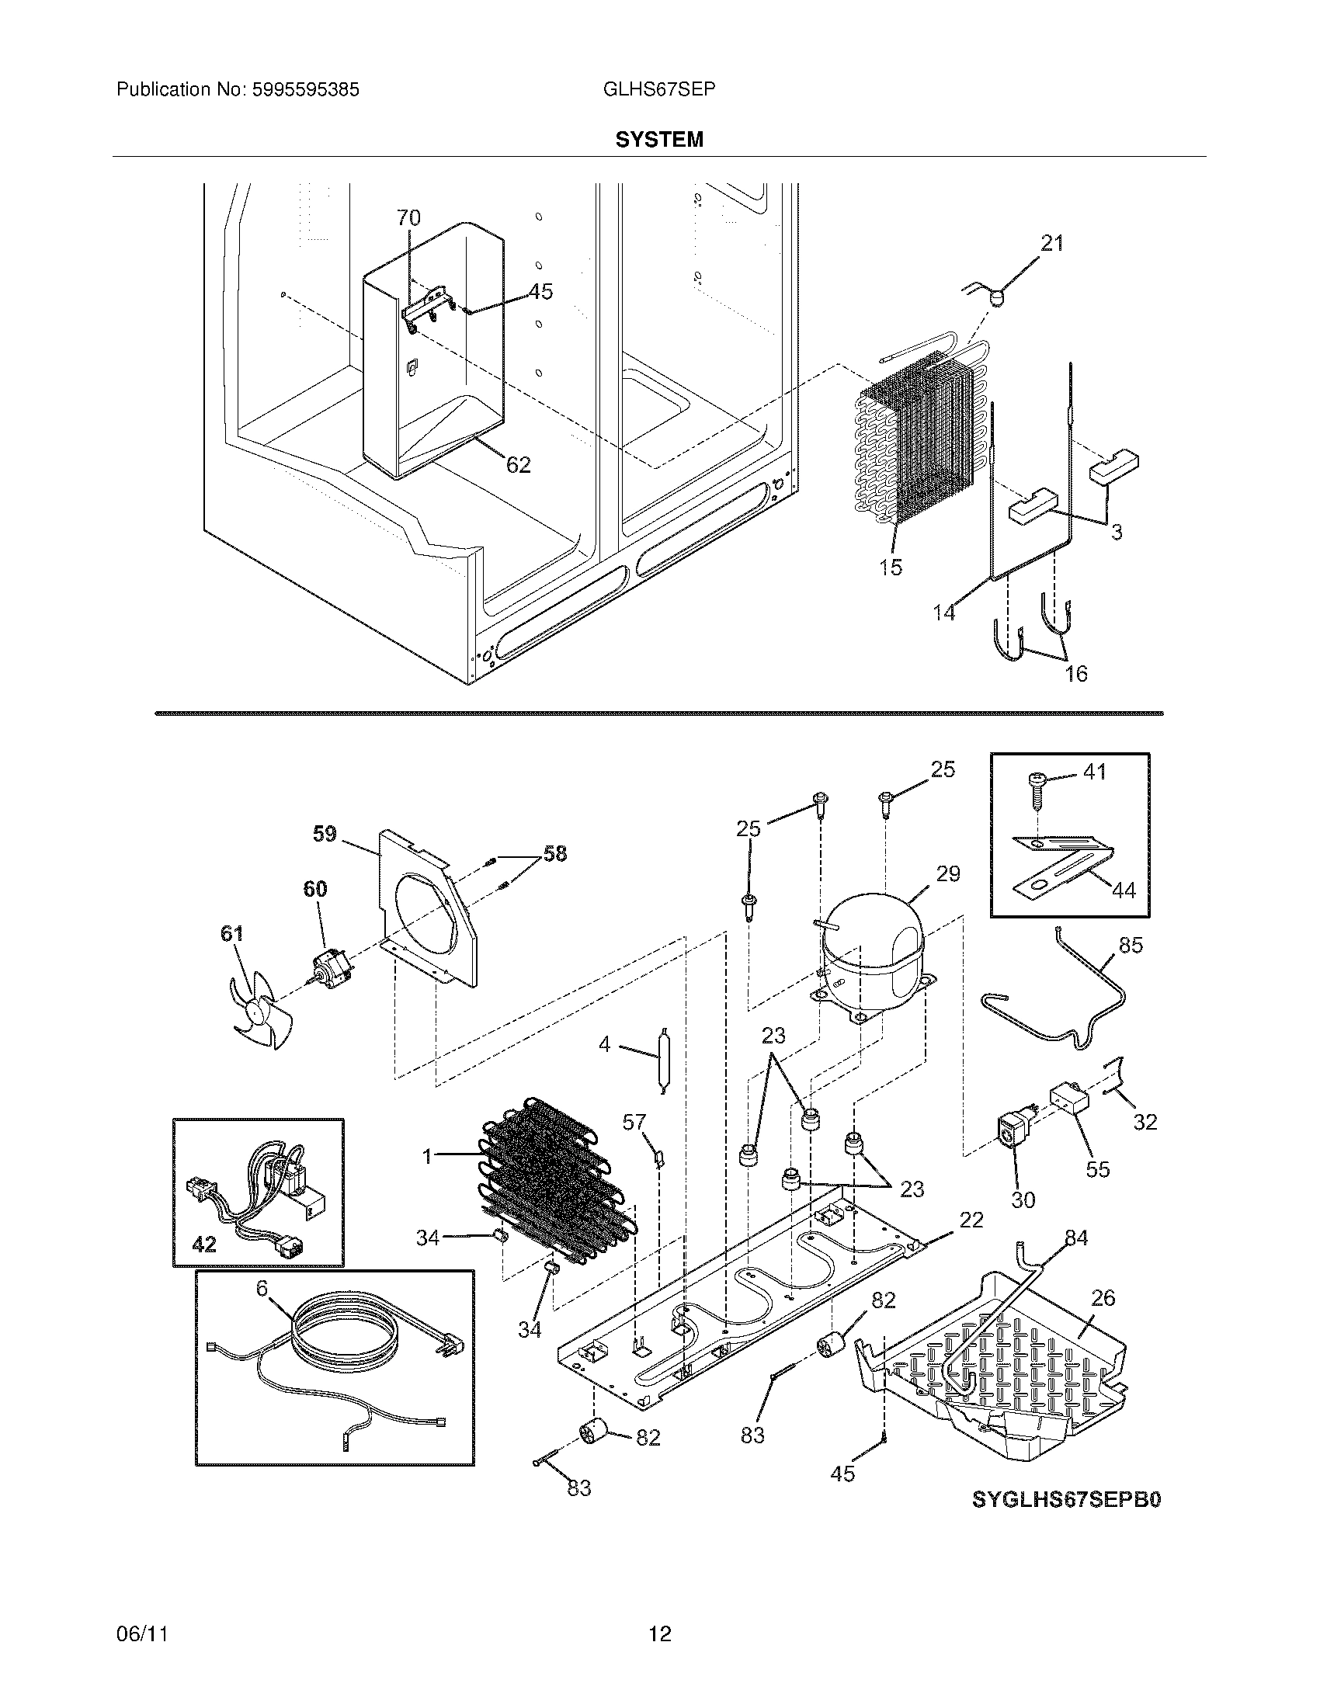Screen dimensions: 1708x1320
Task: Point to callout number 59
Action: click(325, 835)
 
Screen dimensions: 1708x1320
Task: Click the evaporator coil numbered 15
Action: click(915, 446)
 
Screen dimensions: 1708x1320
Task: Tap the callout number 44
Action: click(1124, 890)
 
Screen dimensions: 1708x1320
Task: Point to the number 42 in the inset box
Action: click(204, 1245)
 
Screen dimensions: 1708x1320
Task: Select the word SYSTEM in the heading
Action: click(659, 139)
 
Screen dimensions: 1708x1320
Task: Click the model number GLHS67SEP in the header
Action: click(658, 90)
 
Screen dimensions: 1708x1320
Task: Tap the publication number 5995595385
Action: click(305, 90)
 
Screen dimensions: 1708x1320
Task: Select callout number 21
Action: click(1052, 244)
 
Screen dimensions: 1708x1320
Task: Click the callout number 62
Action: click(519, 465)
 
